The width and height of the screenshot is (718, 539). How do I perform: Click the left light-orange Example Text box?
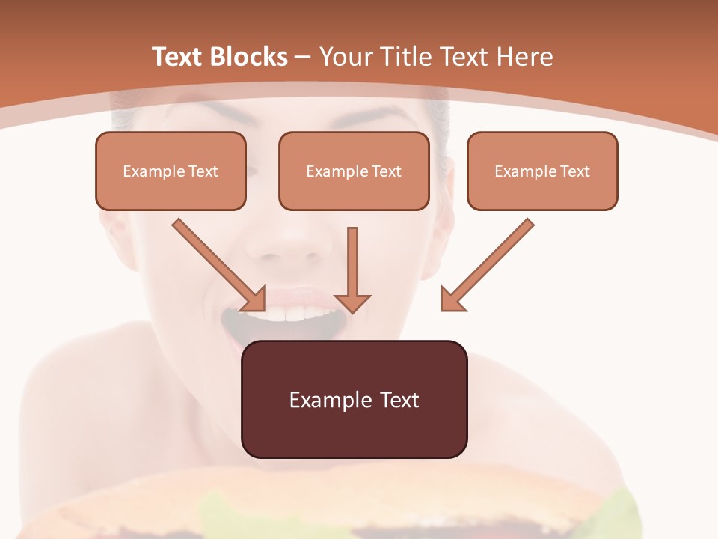(x=171, y=171)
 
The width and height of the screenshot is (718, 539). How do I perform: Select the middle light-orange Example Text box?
(x=354, y=171)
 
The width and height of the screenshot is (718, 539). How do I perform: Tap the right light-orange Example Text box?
(x=542, y=171)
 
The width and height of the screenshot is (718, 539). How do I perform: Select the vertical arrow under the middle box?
(x=352, y=266)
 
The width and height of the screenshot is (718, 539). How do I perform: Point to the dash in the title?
(x=303, y=57)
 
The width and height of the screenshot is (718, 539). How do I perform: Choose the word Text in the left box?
(x=203, y=171)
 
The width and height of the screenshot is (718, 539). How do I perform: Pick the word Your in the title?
(x=344, y=57)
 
